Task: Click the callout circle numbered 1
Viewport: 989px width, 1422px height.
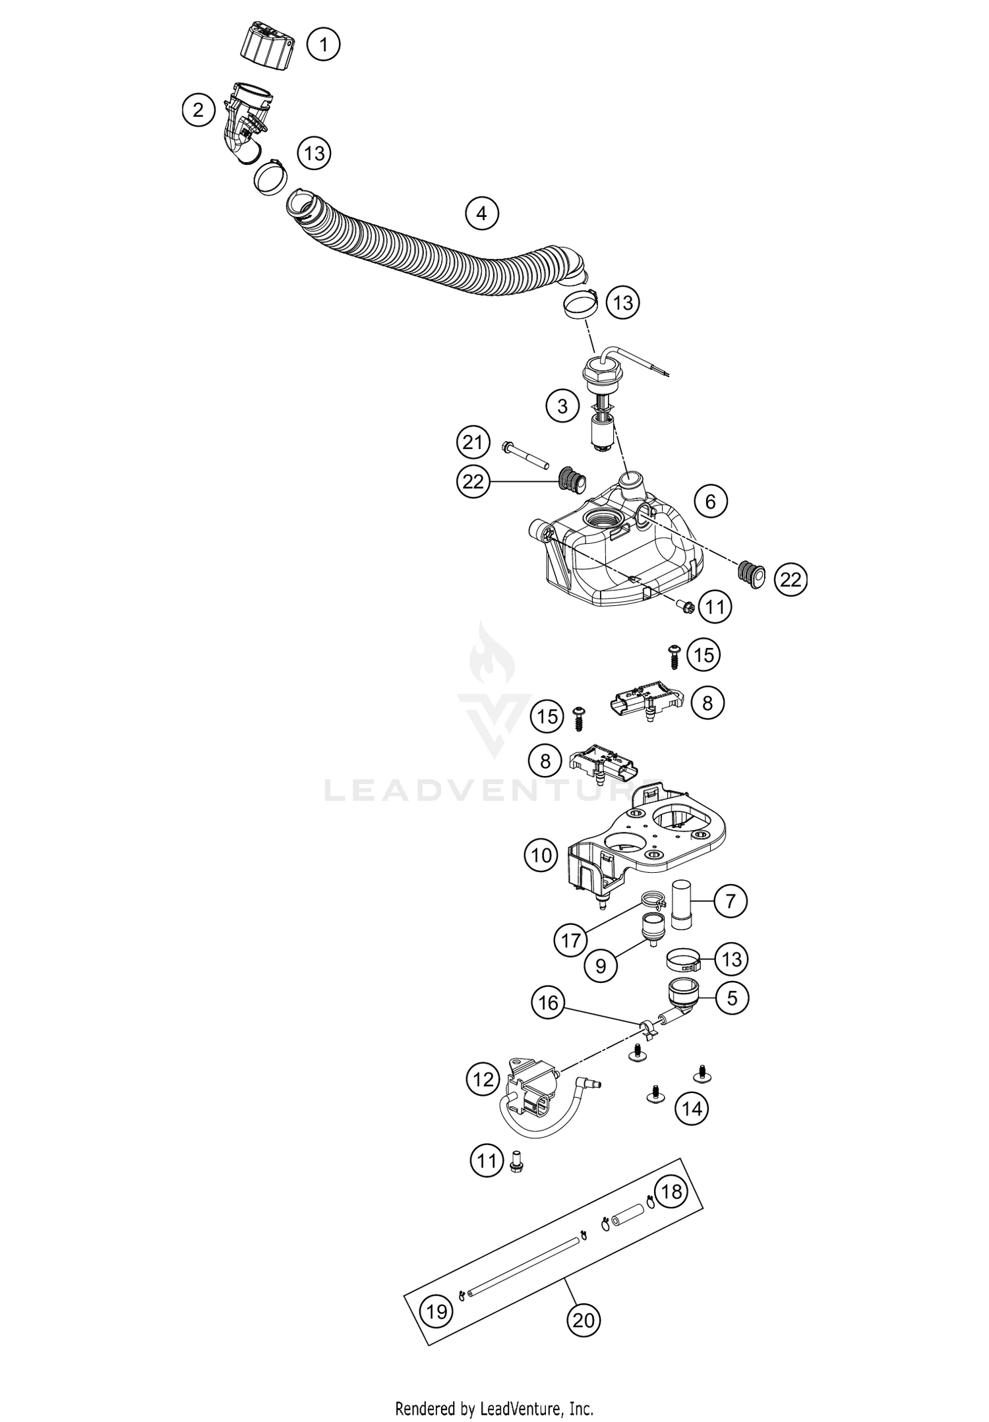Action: [x=323, y=45]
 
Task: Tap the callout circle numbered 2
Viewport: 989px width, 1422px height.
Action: [x=198, y=110]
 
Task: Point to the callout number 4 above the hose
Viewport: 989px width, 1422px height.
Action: [x=481, y=214]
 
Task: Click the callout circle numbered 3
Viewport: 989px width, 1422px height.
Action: [x=562, y=406]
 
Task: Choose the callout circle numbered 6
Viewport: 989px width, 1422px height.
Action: [x=710, y=502]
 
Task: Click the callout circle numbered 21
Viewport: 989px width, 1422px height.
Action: [x=473, y=442]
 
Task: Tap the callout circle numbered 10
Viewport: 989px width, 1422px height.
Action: [x=541, y=856]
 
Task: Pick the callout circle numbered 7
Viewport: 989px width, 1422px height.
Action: [x=731, y=901]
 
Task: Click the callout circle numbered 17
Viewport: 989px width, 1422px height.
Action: [x=571, y=941]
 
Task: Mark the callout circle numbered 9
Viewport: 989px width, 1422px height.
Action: [x=601, y=966]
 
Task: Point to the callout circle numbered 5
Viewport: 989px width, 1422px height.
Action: [x=732, y=998]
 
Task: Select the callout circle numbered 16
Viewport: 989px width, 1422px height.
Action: [x=549, y=1003]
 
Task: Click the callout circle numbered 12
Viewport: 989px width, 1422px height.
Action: [x=483, y=1079]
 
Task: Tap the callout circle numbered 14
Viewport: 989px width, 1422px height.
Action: [x=692, y=1109]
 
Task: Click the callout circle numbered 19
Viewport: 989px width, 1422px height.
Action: [x=437, y=1311]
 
